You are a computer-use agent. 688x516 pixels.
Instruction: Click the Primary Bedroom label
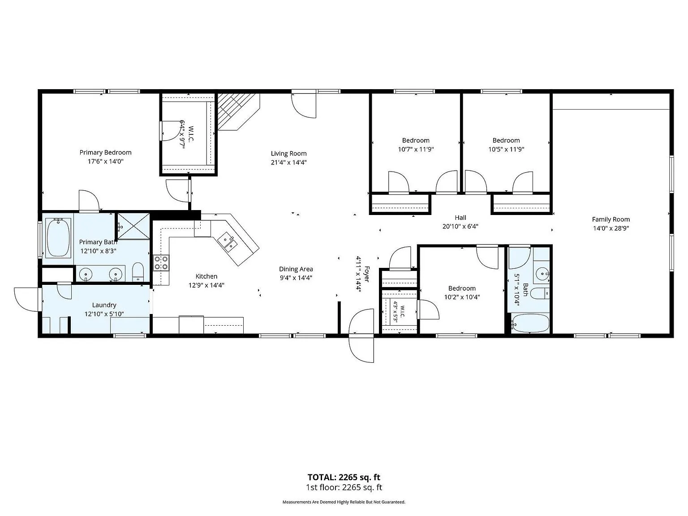tap(105, 153)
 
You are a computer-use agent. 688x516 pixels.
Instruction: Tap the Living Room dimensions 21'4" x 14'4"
tap(288, 162)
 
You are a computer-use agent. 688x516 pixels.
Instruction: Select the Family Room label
tap(611, 219)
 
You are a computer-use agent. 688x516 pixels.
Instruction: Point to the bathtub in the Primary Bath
tap(58, 237)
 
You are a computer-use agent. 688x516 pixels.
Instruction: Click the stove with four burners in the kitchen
tap(161, 262)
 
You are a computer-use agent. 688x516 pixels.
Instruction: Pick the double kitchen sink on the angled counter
tap(228, 242)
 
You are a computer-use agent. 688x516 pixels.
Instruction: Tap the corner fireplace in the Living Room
tap(239, 112)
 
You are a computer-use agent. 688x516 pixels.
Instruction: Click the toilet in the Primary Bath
tap(138, 272)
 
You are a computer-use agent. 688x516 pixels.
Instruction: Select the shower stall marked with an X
tap(133, 226)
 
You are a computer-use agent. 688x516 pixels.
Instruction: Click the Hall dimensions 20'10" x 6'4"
tap(460, 226)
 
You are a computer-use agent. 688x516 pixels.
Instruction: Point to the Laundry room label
tap(104, 305)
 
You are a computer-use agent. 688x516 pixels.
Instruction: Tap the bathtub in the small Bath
tap(530, 323)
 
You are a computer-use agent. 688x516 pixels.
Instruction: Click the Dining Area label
tap(296, 269)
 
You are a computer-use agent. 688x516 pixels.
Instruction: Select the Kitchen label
tap(206, 276)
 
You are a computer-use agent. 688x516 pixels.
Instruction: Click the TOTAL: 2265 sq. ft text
tap(344, 477)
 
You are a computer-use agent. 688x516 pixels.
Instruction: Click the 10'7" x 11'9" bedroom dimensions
tap(416, 149)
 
